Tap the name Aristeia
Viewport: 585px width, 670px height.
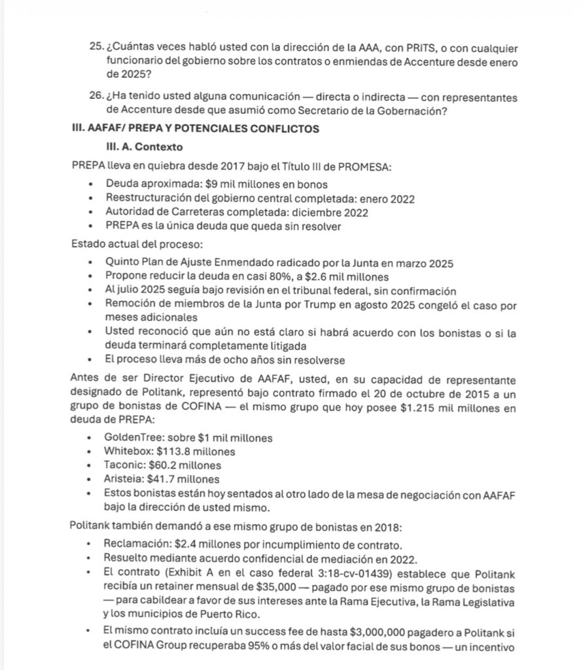[124, 480]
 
